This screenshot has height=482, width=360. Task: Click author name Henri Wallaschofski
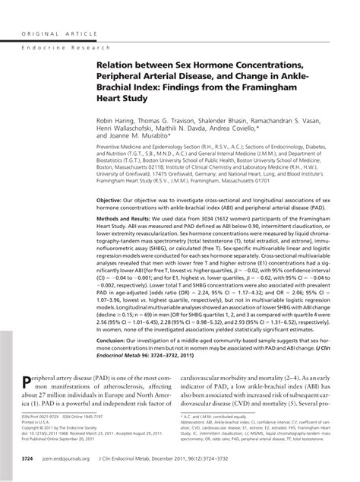click(128, 131)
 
